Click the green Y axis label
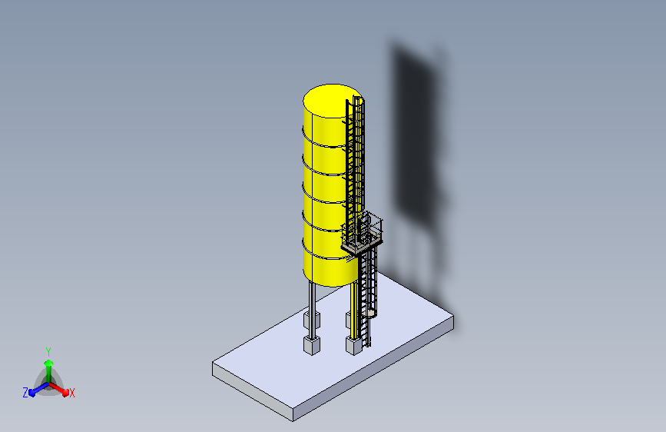point(48,352)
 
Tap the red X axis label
point(71,394)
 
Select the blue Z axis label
point(25,393)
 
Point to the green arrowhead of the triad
point(48,363)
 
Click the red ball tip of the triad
point(65,393)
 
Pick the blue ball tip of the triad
point(32,393)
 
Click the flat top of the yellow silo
point(332,101)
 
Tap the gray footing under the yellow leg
point(353,345)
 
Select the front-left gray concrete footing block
point(311,345)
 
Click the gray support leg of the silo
point(312,310)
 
